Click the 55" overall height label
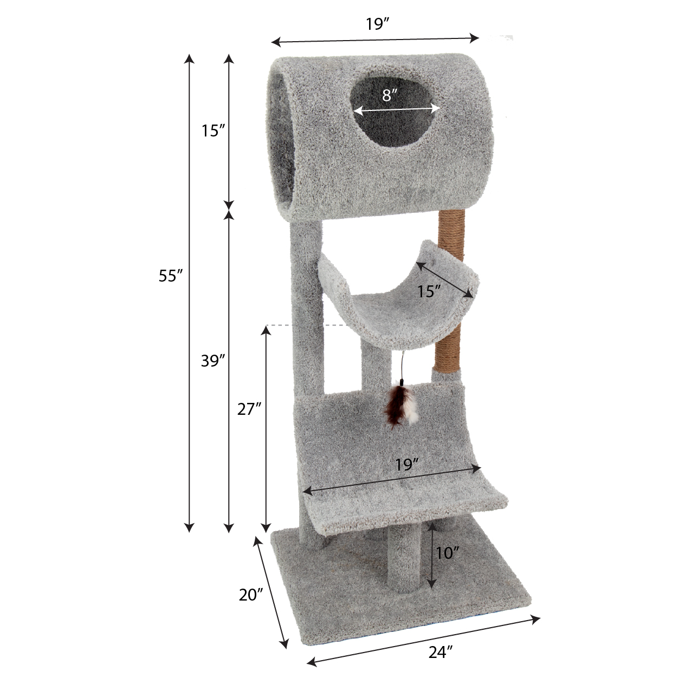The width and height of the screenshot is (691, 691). (x=171, y=276)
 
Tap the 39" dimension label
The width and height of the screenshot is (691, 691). (x=213, y=361)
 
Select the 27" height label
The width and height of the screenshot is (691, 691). (x=249, y=409)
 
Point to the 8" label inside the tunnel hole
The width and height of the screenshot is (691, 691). (x=390, y=95)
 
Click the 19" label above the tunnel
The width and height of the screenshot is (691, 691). (x=378, y=24)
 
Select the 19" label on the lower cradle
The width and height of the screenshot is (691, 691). (x=408, y=465)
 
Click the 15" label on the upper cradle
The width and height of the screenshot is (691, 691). (x=429, y=291)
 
